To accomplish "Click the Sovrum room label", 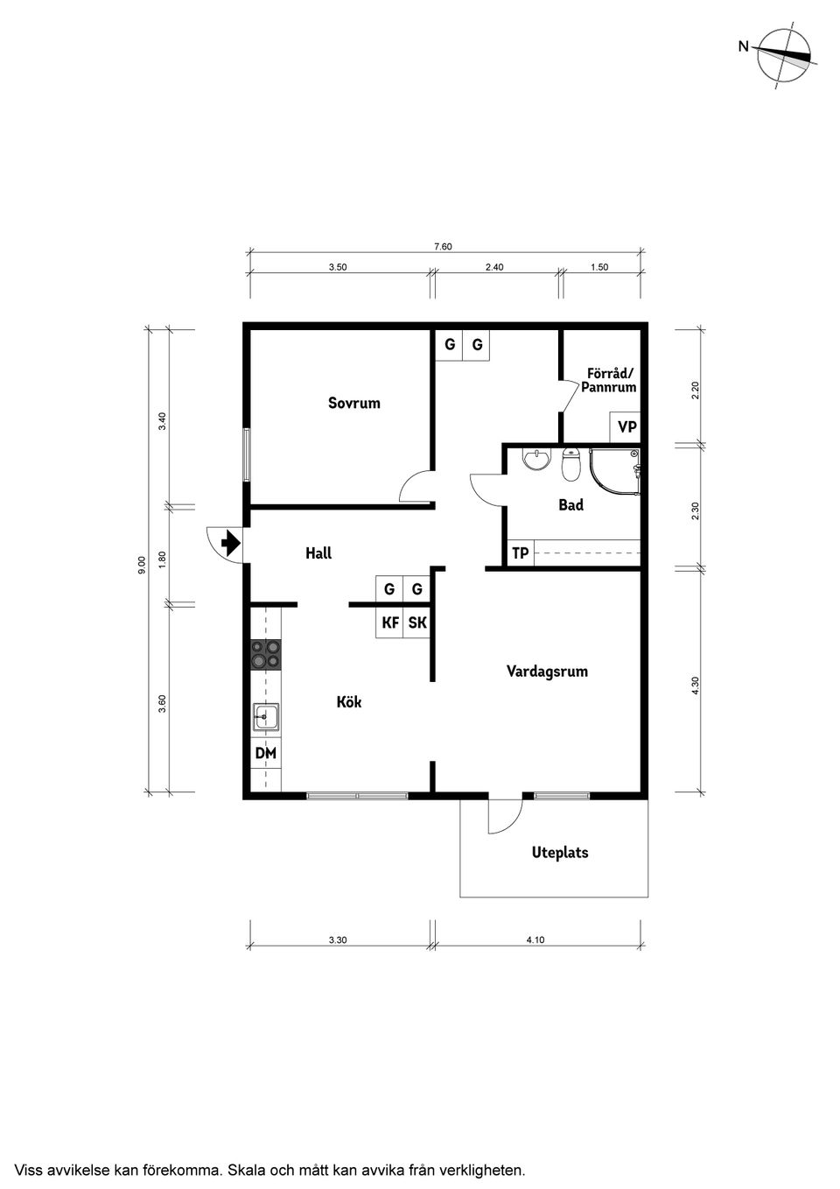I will tap(354, 404).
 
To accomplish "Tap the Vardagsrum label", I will tap(547, 672).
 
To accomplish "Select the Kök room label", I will tap(349, 702).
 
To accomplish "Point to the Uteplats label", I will tap(560, 853).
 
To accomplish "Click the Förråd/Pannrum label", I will tap(609, 380).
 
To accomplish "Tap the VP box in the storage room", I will tap(626, 427).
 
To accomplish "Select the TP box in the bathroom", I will tap(520, 553).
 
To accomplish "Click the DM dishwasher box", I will tap(265, 753).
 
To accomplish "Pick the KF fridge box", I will tap(390, 623).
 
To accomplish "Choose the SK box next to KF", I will tap(417, 623).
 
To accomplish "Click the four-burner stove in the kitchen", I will tap(266, 656).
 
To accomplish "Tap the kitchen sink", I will tap(266, 718).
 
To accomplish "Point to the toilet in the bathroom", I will tap(570, 466).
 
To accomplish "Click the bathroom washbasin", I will tap(534, 460).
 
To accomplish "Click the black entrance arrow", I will tap(231, 544).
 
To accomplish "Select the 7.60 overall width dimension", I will tap(443, 247).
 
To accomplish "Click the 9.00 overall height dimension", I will tap(142, 565).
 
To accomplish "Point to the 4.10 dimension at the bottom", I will tap(535, 940).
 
